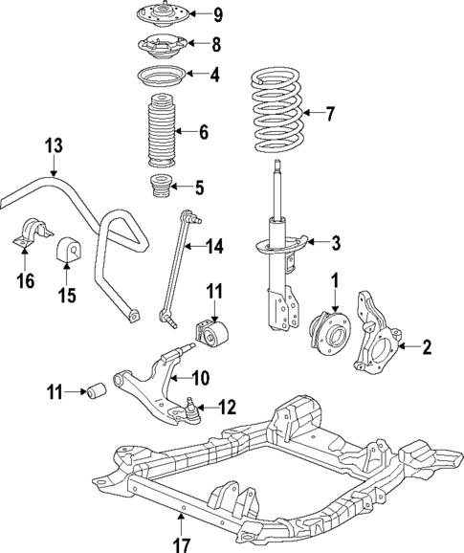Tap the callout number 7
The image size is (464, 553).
coord(331,115)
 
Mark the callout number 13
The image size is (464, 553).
coord(53,145)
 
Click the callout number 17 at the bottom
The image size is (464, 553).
coord(182,543)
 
